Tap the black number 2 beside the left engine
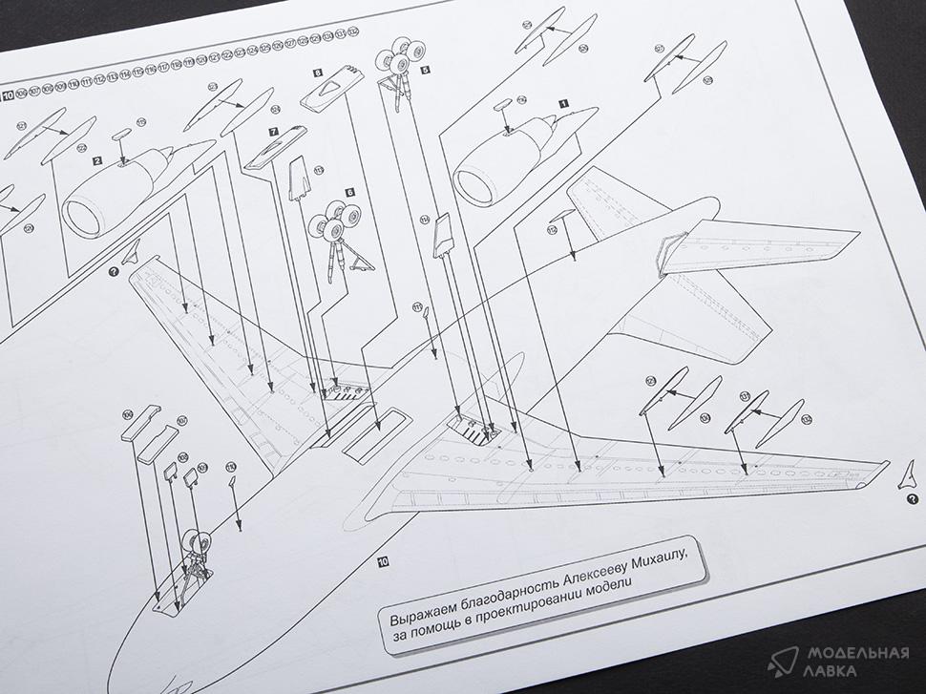click(x=97, y=162)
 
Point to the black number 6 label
click(x=350, y=193)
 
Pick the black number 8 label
click(x=317, y=72)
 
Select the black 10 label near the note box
click(x=382, y=561)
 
